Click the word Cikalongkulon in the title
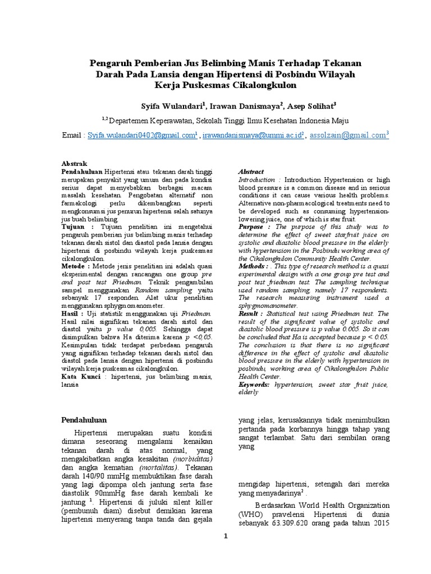pos(264,85)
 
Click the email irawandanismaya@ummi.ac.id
pos(252,136)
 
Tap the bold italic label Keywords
pos(255,386)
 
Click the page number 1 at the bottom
pos(226,536)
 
